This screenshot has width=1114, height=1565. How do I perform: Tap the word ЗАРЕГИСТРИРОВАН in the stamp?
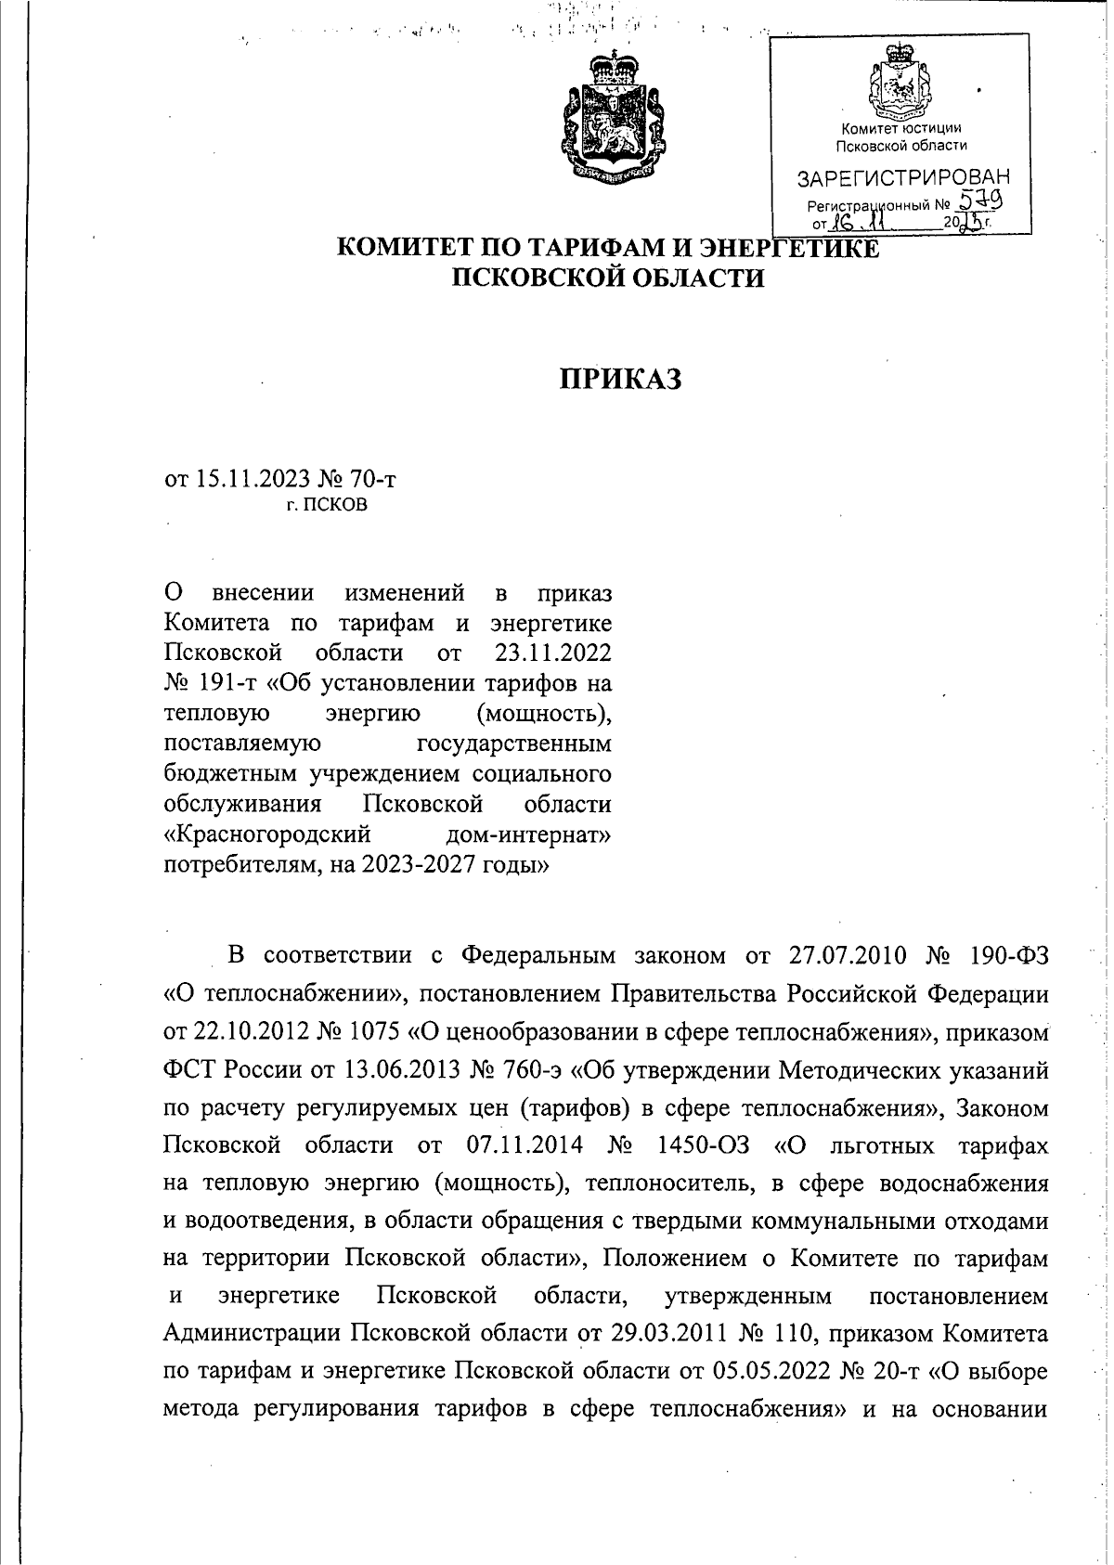903,177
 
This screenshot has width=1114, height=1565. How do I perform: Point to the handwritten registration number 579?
984,200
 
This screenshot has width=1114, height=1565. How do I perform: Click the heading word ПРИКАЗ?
620,379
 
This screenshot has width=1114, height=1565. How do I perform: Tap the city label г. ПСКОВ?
326,506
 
